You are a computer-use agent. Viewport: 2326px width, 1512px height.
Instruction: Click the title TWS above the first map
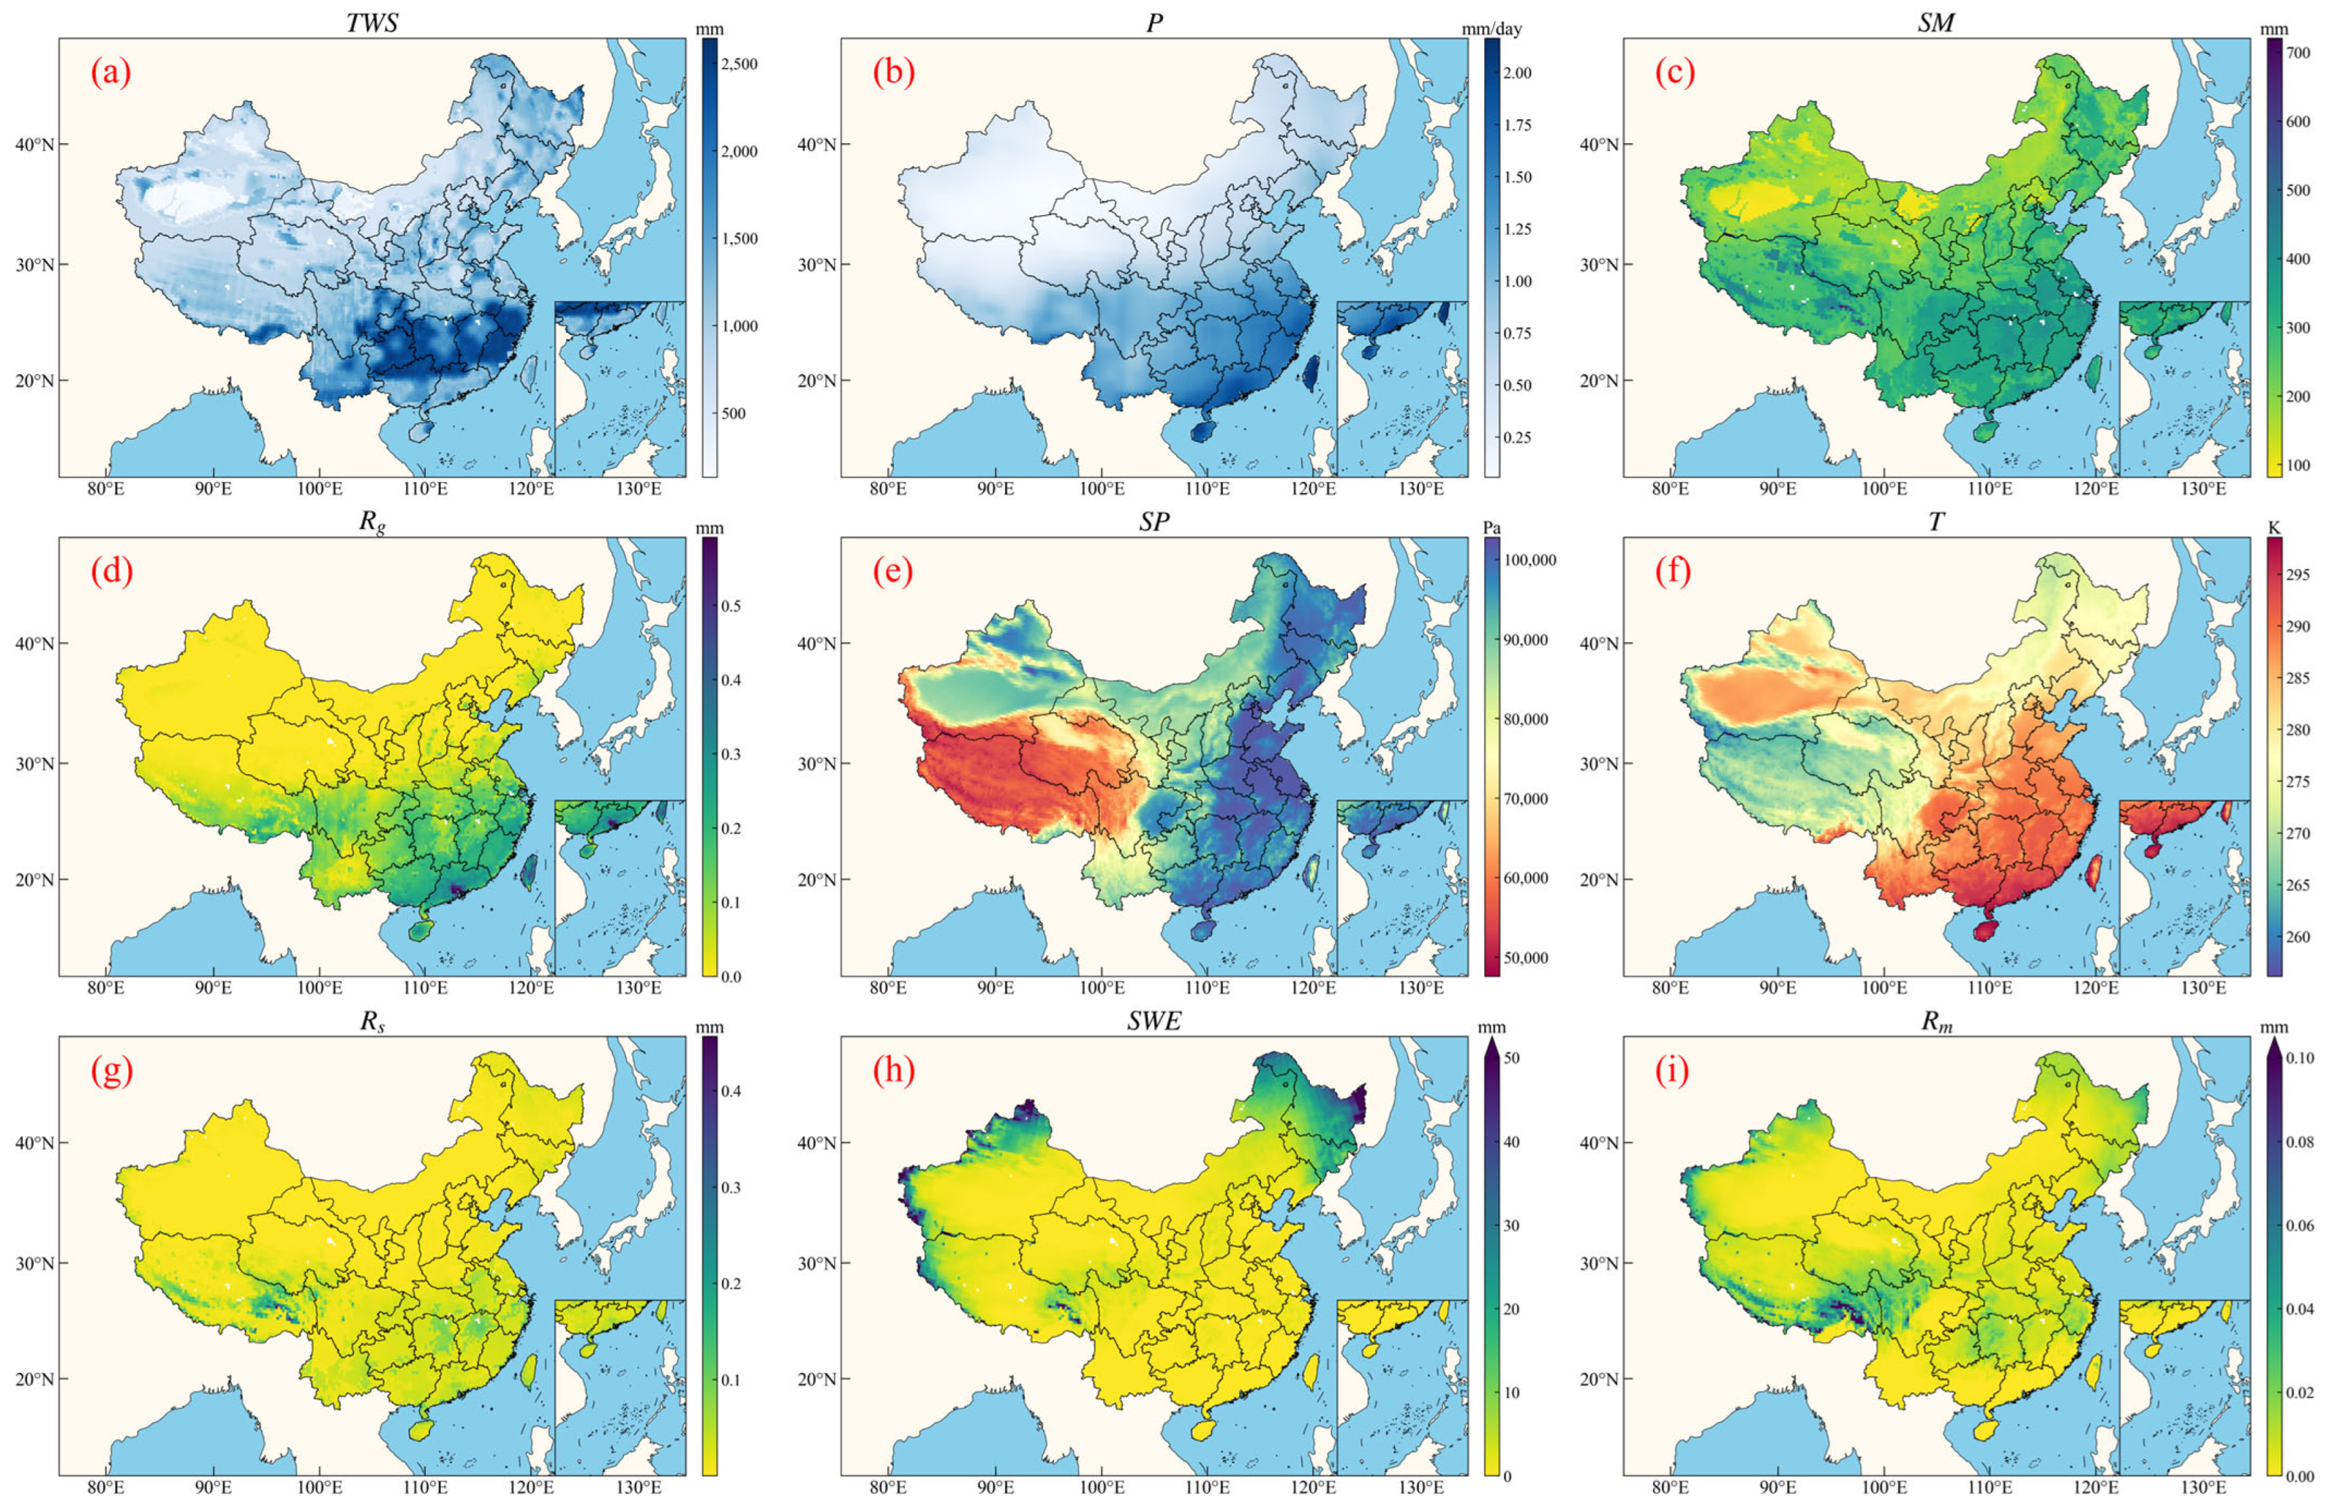372,22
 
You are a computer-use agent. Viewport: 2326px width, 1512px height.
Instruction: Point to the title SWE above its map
1154,1021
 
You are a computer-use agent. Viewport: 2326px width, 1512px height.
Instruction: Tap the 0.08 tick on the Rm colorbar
2301,1142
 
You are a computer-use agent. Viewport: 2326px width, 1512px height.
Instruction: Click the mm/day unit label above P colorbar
1492,29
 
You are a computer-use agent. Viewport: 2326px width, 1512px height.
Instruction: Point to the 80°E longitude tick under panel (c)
1670,487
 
